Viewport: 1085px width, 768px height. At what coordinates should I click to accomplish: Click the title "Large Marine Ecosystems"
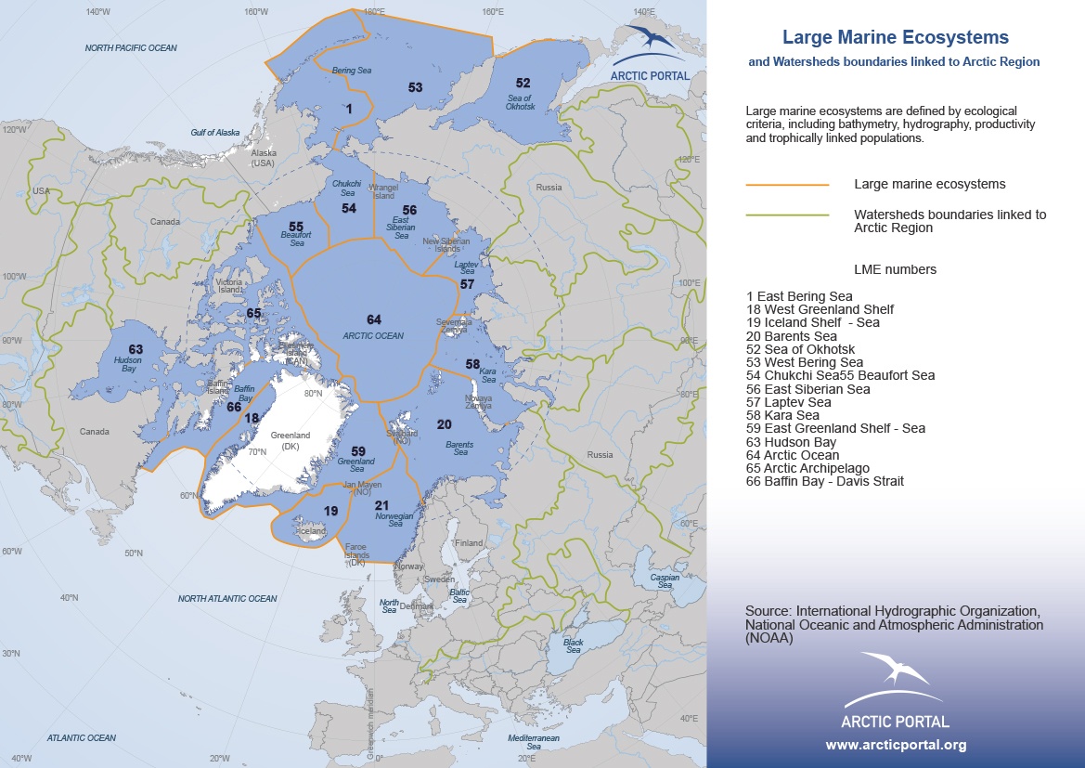(895, 38)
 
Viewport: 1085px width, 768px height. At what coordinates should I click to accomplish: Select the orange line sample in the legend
(787, 185)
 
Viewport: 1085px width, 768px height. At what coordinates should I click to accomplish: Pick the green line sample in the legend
(787, 215)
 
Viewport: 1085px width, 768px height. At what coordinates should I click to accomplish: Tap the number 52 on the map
(523, 83)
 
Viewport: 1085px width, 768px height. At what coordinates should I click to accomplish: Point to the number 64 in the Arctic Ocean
(373, 319)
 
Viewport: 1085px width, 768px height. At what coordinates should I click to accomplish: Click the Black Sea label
(574, 645)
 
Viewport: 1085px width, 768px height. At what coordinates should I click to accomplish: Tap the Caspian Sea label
(665, 581)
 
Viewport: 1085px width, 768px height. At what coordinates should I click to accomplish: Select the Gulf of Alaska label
(215, 133)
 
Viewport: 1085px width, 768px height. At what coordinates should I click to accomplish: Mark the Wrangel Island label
(383, 191)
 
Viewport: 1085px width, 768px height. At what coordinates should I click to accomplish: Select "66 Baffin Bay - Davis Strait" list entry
(825, 481)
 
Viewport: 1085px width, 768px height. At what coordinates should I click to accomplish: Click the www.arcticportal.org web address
(896, 745)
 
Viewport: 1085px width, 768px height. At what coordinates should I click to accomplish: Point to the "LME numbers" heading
(895, 270)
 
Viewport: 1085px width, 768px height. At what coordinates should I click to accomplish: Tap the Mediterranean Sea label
(534, 741)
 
